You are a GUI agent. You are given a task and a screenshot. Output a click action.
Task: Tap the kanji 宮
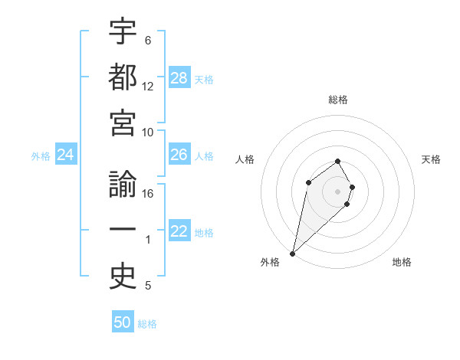click(x=123, y=123)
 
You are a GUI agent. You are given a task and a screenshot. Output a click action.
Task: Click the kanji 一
click(x=123, y=231)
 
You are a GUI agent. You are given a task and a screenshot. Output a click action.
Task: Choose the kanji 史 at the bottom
click(x=123, y=277)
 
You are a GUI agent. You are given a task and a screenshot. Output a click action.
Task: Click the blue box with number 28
click(x=179, y=77)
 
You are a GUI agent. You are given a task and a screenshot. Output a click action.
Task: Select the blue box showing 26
click(x=179, y=155)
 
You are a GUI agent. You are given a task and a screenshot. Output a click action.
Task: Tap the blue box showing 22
click(x=179, y=232)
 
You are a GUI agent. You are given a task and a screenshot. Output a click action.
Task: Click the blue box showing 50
click(x=123, y=322)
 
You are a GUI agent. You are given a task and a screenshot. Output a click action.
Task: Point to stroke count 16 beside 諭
click(x=148, y=194)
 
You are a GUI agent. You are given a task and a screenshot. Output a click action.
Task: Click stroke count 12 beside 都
click(x=148, y=86)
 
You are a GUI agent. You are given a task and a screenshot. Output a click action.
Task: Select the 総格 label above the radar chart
click(x=338, y=100)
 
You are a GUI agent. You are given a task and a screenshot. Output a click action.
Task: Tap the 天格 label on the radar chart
click(x=431, y=159)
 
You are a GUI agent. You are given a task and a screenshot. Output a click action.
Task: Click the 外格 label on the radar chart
click(x=270, y=262)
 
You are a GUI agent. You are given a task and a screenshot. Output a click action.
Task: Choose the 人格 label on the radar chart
click(x=245, y=159)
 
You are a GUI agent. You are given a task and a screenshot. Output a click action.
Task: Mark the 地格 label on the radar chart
click(x=402, y=262)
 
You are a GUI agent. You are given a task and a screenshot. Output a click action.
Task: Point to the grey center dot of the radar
click(x=337, y=191)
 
